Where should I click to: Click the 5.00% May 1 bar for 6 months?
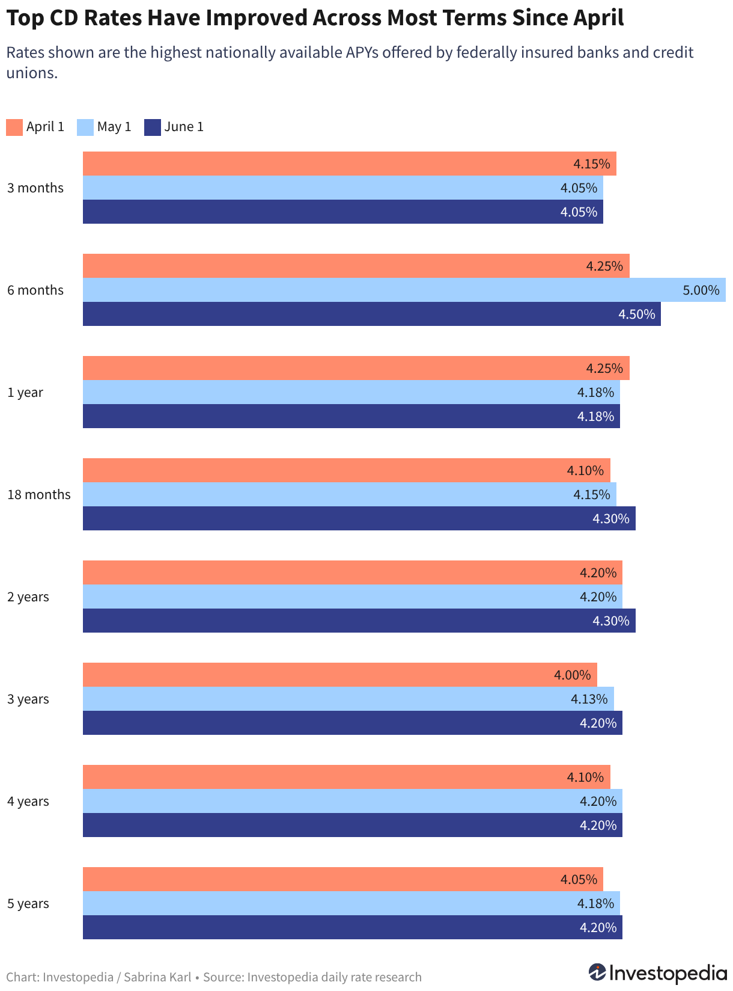[404, 289]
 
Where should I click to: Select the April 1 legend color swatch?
[14, 127]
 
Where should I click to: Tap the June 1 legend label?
[183, 127]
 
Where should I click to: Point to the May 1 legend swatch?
[85, 127]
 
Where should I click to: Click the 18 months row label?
[39, 495]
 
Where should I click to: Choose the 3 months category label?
[35, 188]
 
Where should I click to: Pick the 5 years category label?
[28, 904]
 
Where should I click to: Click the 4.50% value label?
[637, 314]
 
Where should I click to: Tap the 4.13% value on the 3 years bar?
[589, 699]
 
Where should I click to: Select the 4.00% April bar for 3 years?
[339, 675]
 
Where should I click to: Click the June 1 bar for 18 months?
[359, 518]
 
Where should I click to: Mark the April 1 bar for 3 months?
[350, 164]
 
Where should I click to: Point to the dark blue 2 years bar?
[359, 621]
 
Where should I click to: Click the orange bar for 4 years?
[347, 777]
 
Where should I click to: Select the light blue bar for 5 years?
[351, 903]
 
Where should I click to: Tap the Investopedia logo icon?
[597, 972]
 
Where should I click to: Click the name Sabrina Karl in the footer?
[157, 977]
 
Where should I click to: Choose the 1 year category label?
[25, 392]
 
